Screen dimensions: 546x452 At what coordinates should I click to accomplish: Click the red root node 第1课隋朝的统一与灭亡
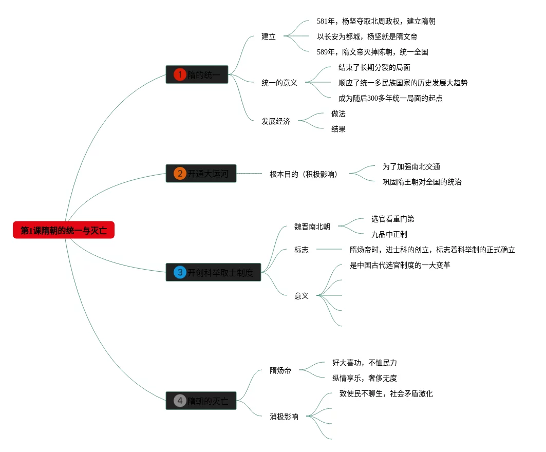(64, 230)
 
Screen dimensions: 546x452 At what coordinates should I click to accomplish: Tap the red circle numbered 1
(180, 74)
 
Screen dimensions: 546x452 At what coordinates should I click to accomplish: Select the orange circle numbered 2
(180, 174)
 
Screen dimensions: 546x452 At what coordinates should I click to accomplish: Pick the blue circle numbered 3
(180, 272)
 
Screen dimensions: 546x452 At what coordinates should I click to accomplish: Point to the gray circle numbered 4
(180, 401)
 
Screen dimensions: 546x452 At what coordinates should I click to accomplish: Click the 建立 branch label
(269, 36)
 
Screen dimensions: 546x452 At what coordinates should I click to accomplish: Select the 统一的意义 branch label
(279, 83)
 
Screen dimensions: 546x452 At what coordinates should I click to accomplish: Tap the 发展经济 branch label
(276, 121)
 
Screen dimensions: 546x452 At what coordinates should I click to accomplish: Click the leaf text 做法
(338, 114)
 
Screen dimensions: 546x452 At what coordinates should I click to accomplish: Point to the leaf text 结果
(338, 129)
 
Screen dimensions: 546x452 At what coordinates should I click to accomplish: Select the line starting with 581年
(376, 21)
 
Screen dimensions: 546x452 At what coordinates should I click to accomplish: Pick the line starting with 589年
(372, 52)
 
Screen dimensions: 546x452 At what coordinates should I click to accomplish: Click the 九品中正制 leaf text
(389, 234)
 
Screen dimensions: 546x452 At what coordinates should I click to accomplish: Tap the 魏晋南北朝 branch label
(312, 227)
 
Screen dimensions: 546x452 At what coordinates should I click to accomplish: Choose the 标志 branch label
(302, 250)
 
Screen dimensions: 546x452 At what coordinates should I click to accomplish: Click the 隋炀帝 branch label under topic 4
(280, 370)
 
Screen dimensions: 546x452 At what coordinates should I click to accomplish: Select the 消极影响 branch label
(284, 417)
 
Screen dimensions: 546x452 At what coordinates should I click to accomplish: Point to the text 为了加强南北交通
(411, 166)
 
